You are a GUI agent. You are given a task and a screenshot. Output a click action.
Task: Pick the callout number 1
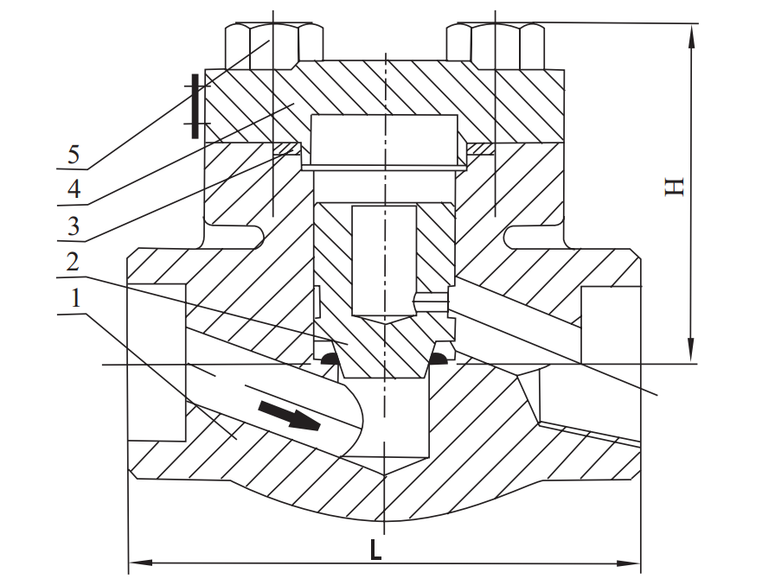click(74, 300)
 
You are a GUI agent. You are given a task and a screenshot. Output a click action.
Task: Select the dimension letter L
click(375, 550)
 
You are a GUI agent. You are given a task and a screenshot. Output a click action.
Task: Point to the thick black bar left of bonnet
click(195, 105)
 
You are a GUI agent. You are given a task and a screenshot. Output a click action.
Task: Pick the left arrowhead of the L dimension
click(137, 564)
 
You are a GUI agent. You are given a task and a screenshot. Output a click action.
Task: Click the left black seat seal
click(328, 359)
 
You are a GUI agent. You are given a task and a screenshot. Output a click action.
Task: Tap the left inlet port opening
click(156, 363)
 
